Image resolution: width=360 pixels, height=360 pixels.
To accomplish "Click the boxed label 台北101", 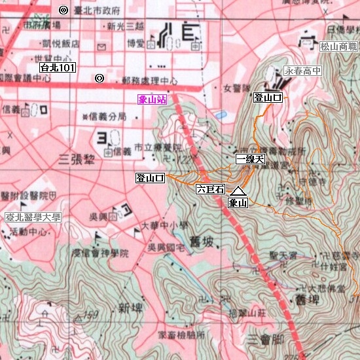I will pyautogui.click(x=58, y=67).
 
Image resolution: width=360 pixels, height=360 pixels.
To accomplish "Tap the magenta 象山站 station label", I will pyautogui.click(x=152, y=100).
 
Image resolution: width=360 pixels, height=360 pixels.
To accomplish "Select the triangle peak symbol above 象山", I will pyautogui.click(x=238, y=191).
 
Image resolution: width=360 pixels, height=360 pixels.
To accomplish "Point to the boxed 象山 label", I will pyautogui.click(x=238, y=203).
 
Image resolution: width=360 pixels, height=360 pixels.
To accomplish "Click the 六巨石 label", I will pyautogui.click(x=210, y=189).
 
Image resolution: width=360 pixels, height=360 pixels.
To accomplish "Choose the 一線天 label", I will pyautogui.click(x=250, y=159).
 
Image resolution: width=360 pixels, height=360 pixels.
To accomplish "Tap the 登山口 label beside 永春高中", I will pyautogui.click(x=268, y=98).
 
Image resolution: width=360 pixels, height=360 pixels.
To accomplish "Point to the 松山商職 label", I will pyautogui.click(x=339, y=46).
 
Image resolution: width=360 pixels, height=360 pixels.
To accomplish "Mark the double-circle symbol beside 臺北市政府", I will pyautogui.click(x=63, y=10).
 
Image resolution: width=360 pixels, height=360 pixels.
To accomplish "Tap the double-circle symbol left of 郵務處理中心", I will pyautogui.click(x=99, y=79).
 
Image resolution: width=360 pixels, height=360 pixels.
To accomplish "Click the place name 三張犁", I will pyautogui.click(x=74, y=158).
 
